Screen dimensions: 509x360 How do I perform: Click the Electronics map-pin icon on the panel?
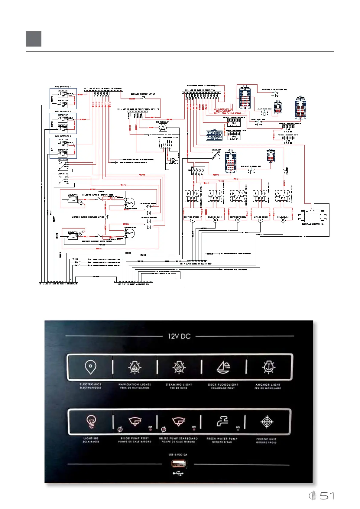(x=90, y=367)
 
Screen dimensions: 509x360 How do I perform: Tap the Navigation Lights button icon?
(x=135, y=367)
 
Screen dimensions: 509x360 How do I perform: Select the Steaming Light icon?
(x=179, y=367)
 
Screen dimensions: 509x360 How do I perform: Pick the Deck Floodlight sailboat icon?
(x=223, y=367)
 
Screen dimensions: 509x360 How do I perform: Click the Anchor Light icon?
(x=268, y=367)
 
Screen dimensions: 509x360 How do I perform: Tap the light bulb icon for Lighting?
(x=91, y=421)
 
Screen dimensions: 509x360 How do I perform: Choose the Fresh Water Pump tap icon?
(x=222, y=421)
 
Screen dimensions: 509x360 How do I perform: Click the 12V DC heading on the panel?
(x=179, y=336)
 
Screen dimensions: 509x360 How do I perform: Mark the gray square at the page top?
(x=34, y=39)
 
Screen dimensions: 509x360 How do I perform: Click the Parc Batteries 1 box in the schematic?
(x=63, y=99)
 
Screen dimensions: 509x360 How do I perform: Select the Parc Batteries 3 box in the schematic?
(x=63, y=148)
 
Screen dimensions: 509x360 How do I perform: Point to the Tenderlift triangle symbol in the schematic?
(x=163, y=128)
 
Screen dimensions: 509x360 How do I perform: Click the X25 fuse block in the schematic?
(x=301, y=108)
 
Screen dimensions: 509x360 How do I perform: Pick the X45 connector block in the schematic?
(x=214, y=135)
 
